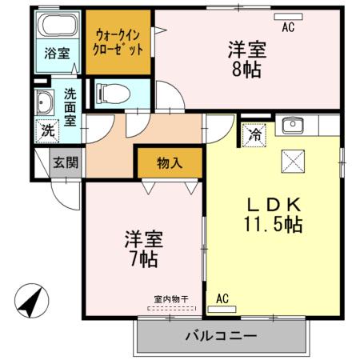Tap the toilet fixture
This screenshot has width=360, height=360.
(109, 93)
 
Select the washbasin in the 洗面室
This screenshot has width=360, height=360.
(44, 103)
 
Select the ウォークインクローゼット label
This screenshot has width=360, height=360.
(118, 42)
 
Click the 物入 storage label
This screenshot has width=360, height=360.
(169, 163)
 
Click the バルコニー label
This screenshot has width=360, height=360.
(221, 335)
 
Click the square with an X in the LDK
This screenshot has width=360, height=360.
(291, 162)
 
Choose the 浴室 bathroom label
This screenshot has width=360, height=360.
(56, 54)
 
